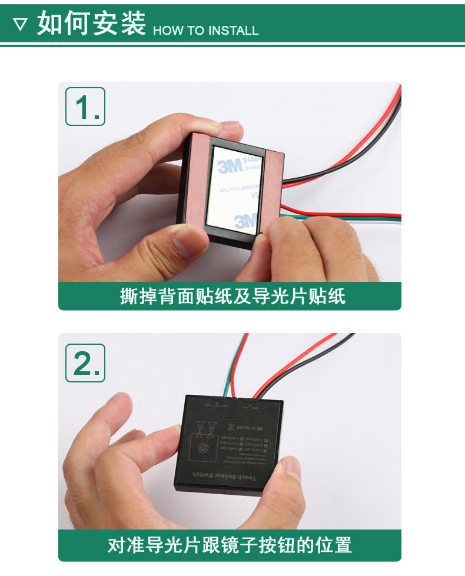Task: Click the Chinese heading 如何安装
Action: tap(91, 24)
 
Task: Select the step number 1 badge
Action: tap(85, 106)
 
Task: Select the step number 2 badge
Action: tap(85, 362)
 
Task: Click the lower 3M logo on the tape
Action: tap(245, 221)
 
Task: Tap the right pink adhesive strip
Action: tap(274, 188)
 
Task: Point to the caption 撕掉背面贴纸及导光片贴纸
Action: tap(232, 296)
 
